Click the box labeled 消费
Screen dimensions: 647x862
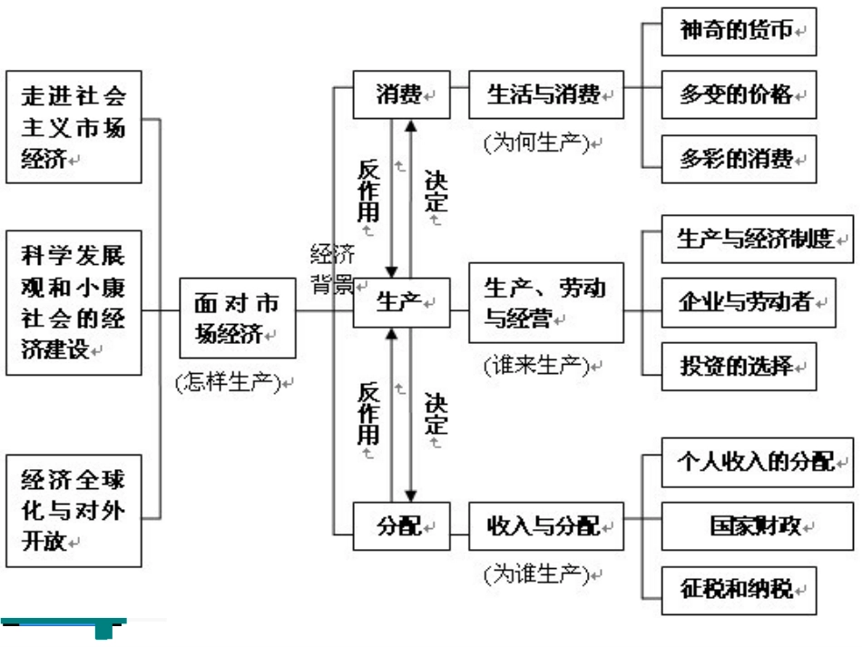[x=401, y=94]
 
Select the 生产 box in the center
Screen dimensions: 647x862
[x=401, y=302]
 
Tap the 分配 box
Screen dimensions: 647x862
[x=401, y=525]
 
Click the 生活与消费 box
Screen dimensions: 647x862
[x=546, y=94]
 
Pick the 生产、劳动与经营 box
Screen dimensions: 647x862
[x=546, y=302]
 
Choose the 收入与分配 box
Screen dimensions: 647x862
[x=546, y=525]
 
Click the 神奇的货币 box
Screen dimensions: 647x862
[x=739, y=32]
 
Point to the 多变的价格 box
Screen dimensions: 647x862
[x=739, y=94]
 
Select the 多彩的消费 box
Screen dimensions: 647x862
[x=739, y=159]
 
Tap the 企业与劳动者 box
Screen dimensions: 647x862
[x=748, y=302]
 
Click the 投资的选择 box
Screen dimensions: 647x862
[x=739, y=367]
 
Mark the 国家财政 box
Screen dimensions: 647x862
[x=758, y=525]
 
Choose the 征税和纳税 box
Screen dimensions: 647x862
[x=739, y=590]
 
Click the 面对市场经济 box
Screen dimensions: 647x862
[x=237, y=317]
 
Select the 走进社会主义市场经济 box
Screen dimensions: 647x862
[x=73, y=127]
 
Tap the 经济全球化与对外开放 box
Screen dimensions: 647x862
[x=73, y=511]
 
